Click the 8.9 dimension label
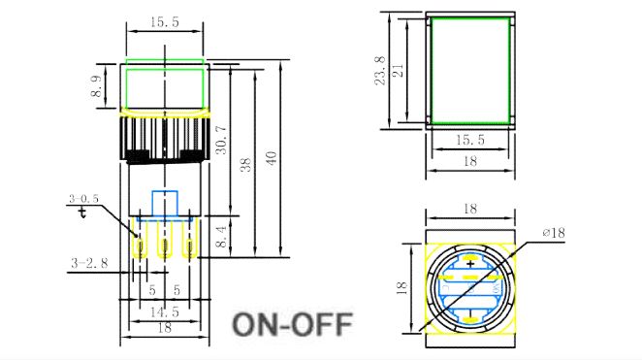coord(96,86)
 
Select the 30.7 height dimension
coord(221,140)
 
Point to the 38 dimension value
coord(245,165)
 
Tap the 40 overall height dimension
coord(272,157)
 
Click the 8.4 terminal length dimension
coord(221,237)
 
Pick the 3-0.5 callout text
coord(84,199)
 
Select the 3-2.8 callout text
coord(89,263)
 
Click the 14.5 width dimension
coord(165,312)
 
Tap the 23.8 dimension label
coord(380,71)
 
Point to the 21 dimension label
coord(398,71)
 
